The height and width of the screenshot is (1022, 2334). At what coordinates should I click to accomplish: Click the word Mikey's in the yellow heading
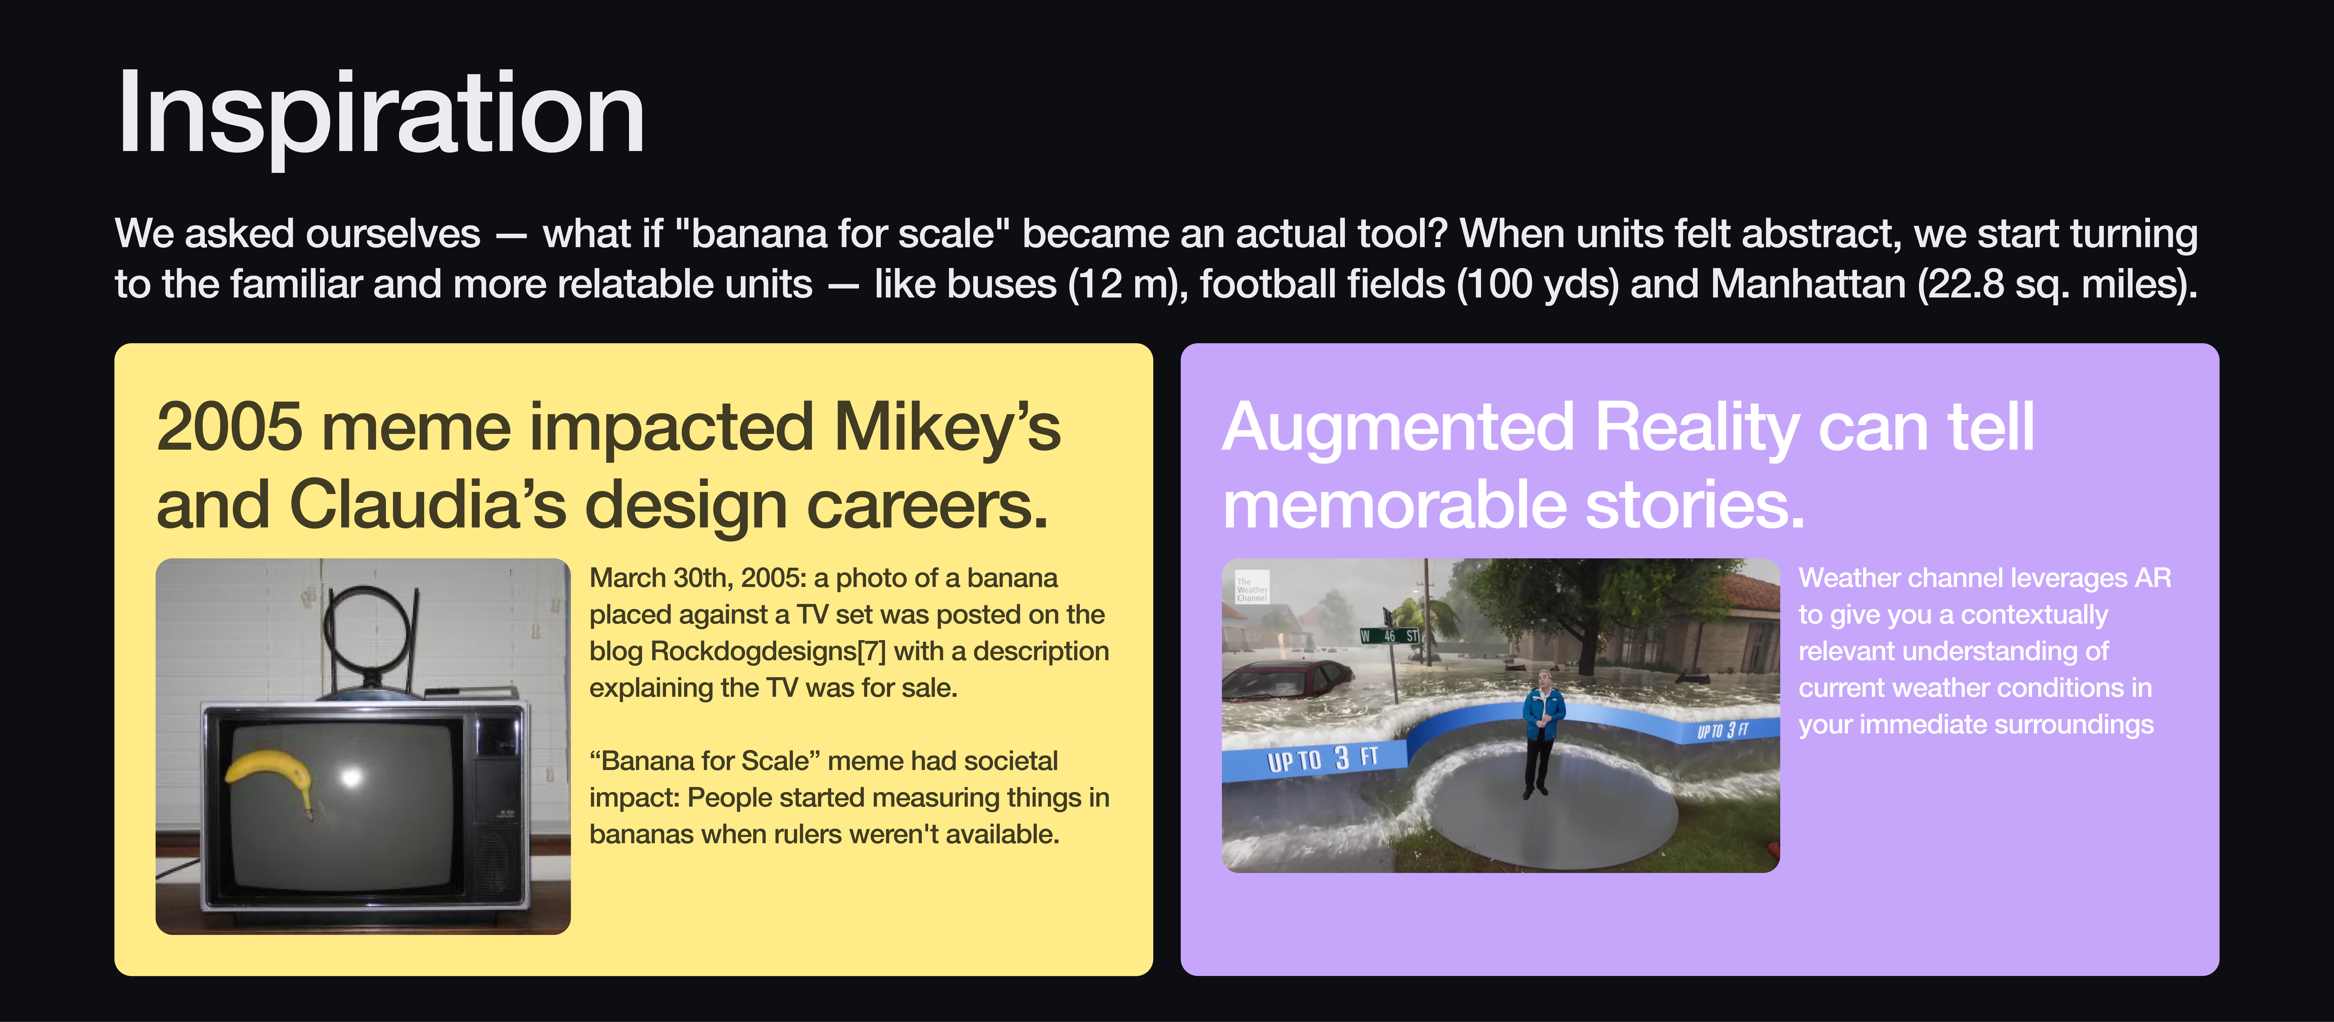click(947, 428)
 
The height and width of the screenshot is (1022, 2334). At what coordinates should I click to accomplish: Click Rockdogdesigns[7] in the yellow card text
click(768, 651)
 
